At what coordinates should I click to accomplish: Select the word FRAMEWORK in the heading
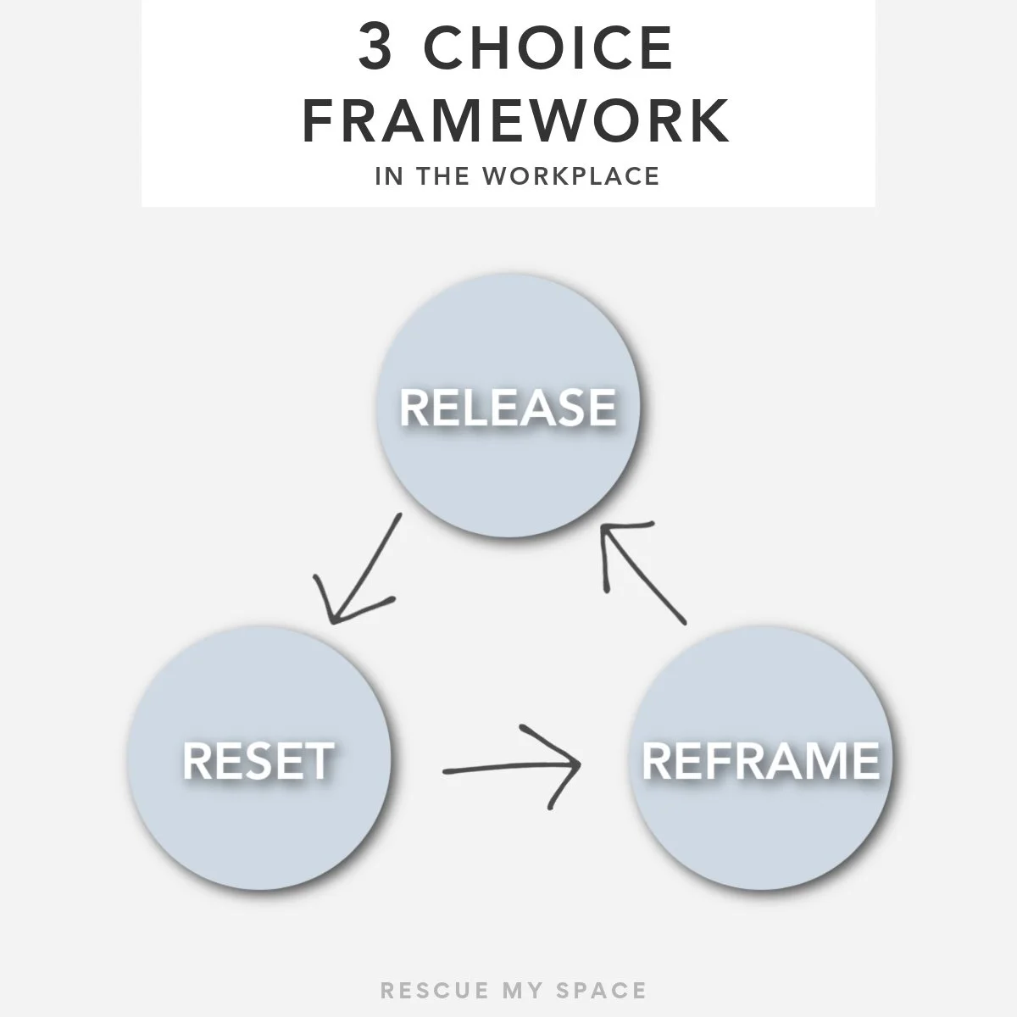(x=515, y=121)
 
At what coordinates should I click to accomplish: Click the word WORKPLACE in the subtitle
(x=571, y=175)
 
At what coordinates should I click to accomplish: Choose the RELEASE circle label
(x=508, y=407)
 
